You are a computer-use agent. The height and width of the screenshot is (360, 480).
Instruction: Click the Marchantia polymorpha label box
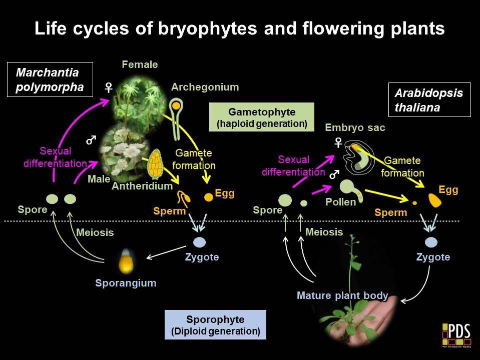click(x=50, y=80)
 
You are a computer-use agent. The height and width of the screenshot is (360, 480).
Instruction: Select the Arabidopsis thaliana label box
click(x=429, y=100)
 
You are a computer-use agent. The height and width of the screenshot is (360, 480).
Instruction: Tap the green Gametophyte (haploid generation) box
click(x=261, y=117)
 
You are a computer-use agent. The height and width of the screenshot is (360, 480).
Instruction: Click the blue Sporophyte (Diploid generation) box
click(x=215, y=325)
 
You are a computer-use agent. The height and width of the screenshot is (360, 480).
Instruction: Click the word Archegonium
click(x=205, y=87)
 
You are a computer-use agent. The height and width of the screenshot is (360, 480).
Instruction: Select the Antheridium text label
click(x=142, y=186)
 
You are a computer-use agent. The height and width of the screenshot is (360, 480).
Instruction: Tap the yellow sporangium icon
click(x=125, y=260)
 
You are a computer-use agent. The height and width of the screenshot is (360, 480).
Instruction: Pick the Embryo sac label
click(x=355, y=127)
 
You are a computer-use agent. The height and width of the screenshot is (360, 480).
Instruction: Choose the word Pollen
click(x=340, y=202)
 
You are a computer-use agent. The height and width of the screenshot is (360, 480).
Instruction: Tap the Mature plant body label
click(x=342, y=295)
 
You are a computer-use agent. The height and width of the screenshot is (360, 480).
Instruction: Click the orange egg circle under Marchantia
click(x=208, y=197)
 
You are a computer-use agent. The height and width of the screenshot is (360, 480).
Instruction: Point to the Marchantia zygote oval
click(x=200, y=242)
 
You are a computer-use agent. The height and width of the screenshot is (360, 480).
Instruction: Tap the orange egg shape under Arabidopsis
click(x=435, y=200)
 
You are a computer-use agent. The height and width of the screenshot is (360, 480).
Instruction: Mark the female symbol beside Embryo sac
click(x=338, y=143)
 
